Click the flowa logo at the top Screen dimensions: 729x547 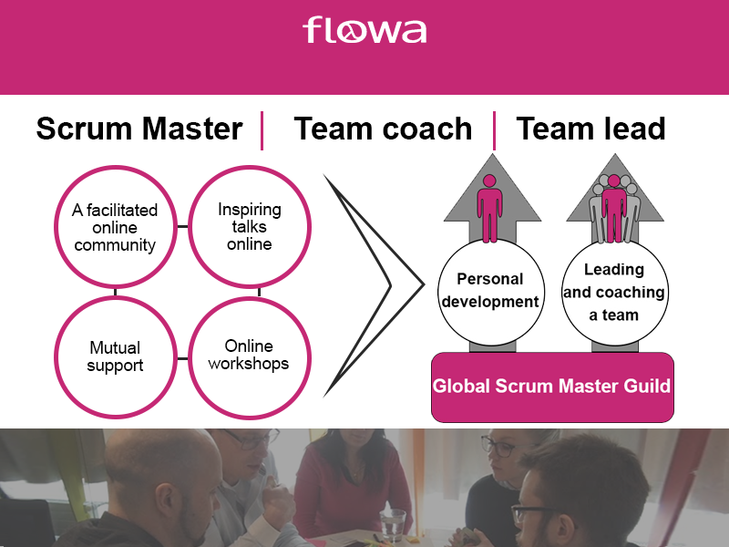(x=364, y=30)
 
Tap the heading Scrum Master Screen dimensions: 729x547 (x=139, y=129)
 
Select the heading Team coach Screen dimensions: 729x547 (x=383, y=129)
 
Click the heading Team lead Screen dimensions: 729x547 (x=590, y=129)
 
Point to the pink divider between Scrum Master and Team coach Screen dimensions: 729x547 (x=262, y=130)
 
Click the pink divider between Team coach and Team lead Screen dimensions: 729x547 (x=494, y=130)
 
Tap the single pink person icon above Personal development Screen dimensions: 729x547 (x=489, y=209)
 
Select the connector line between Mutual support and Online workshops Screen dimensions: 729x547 (x=183, y=358)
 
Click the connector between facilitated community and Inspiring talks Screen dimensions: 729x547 (x=183, y=226)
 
